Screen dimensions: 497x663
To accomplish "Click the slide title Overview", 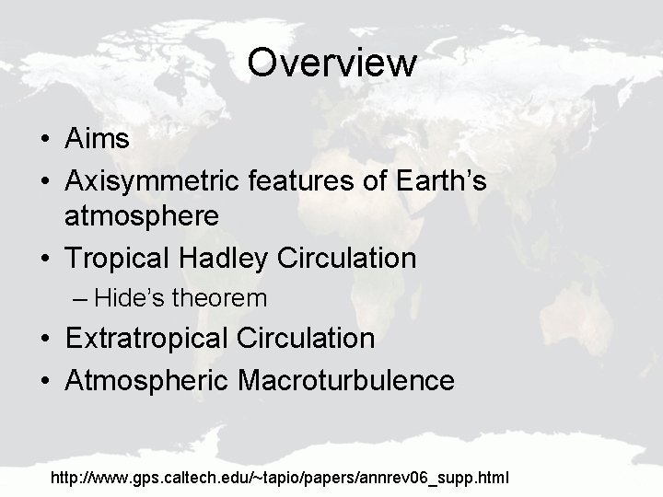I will [x=331, y=64].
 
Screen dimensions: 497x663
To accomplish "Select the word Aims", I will [x=98, y=139].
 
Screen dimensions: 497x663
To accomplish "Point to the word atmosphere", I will [x=142, y=216].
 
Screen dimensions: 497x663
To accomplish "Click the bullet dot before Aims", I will [x=45, y=140].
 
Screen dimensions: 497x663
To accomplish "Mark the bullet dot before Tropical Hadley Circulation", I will [x=45, y=260].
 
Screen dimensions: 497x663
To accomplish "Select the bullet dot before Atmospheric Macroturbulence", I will [x=45, y=380].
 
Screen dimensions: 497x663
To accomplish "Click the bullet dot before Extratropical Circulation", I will [x=45, y=340].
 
